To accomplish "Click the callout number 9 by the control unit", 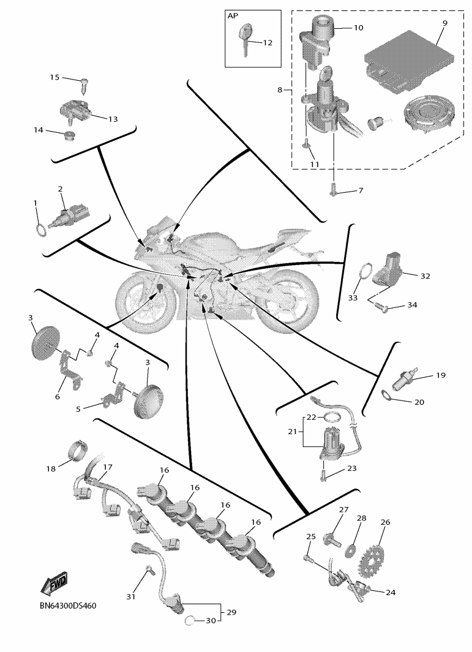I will click(x=445, y=23).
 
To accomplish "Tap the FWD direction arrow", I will click(x=54, y=584).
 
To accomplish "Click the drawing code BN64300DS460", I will click(x=64, y=605).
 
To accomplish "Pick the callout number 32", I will click(x=425, y=276).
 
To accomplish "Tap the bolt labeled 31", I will click(x=147, y=573).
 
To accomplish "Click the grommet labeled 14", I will click(x=70, y=133).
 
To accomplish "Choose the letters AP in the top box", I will click(x=233, y=16).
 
